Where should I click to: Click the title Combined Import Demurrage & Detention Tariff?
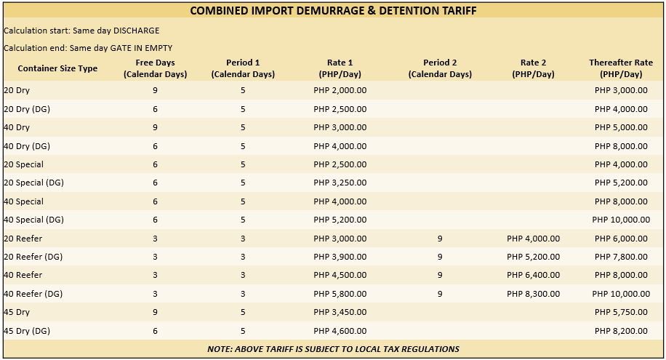[333, 11]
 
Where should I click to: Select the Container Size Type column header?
[57, 68]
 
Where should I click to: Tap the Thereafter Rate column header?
[621, 68]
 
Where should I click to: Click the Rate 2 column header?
[533, 68]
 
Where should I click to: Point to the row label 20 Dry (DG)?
[27, 109]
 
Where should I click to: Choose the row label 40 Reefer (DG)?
[33, 294]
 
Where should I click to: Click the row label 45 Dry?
[17, 312]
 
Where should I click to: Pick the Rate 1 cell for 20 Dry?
[340, 90]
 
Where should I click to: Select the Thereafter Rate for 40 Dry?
[620, 127]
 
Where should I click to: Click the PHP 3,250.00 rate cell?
[340, 183]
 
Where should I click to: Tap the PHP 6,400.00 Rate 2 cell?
[533, 275]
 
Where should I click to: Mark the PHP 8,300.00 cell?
[533, 294]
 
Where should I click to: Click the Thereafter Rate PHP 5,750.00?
[620, 312]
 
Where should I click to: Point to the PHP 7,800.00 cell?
[620, 257]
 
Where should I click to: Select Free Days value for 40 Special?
[155, 201]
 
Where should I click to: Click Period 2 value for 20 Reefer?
[440, 239]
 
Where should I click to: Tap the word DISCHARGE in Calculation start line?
[135, 31]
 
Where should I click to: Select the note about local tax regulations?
[333, 349]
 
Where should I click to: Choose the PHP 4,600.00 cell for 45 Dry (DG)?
[340, 331]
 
